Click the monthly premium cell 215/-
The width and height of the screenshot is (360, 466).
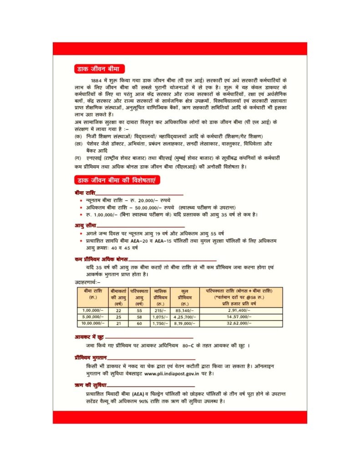pyautogui.click(x=160, y=310)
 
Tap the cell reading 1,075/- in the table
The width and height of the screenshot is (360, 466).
pyautogui.click(x=160, y=316)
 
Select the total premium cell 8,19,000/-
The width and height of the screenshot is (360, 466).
pyautogui.click(x=184, y=323)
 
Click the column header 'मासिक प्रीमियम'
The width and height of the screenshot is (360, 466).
pyautogui.click(x=160, y=296)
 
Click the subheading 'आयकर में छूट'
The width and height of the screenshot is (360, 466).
pyautogui.click(x=90, y=337)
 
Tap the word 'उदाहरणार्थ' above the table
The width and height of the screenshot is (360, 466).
pyautogui.click(x=86, y=283)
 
